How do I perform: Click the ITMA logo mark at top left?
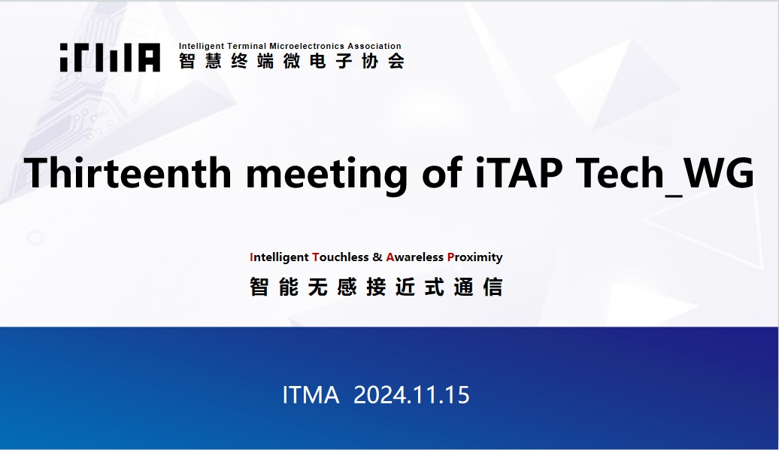[x=110, y=57]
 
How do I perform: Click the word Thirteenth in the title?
[x=128, y=172]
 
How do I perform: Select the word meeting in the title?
[x=327, y=175]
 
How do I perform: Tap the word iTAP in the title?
[x=519, y=172]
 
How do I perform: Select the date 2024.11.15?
[x=411, y=395]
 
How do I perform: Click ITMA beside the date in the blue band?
[x=311, y=395]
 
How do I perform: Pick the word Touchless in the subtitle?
[x=341, y=257]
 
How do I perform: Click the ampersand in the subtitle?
[x=377, y=257]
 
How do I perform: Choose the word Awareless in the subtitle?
[x=414, y=257]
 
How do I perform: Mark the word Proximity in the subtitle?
[x=475, y=257]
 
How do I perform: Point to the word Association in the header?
[x=374, y=46]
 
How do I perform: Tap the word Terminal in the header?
[x=247, y=46]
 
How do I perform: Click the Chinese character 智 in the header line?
[x=186, y=61]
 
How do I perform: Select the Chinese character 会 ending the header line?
[x=396, y=61]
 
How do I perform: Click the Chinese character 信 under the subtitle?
[x=493, y=287]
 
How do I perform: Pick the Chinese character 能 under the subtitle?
[x=289, y=287]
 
